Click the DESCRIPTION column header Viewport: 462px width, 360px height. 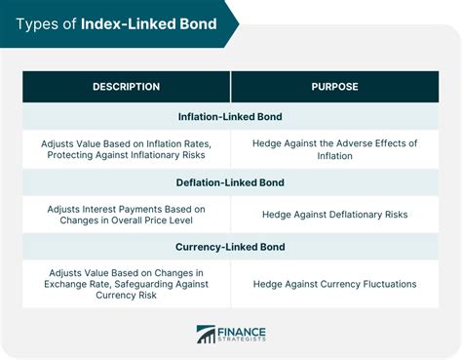(126, 87)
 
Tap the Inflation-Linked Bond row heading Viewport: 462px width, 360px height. (230, 116)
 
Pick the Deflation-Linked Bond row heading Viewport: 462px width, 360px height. (230, 180)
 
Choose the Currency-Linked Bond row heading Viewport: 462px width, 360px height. (230, 247)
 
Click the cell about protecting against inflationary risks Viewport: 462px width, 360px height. (126, 149)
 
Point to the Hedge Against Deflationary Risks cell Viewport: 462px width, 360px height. (334, 214)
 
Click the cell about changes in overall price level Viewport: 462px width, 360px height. (126, 214)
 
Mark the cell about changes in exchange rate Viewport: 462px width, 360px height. (126, 284)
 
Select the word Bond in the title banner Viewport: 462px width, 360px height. (194, 22)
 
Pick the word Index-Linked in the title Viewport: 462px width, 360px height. (124, 22)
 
